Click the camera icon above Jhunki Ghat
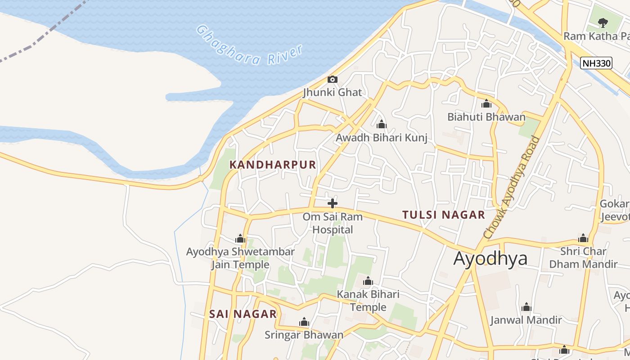tap(332, 80)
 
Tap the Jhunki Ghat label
tap(332, 92)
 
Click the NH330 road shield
tap(596, 63)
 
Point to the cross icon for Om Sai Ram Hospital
tap(332, 203)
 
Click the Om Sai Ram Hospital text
tap(332, 223)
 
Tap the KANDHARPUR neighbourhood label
tap(273, 165)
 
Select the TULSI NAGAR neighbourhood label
tap(444, 215)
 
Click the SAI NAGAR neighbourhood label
tap(243, 314)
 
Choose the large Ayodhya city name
tap(490, 259)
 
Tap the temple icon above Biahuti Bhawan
tap(486, 104)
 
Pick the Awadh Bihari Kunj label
tap(382, 138)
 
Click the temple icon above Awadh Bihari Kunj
tap(382, 124)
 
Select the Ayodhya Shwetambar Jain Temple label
tap(240, 258)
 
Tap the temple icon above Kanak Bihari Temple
tap(368, 282)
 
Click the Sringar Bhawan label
tap(304, 335)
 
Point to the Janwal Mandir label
tap(526, 320)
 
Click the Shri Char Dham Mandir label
tap(583, 257)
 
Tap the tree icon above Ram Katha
tap(603, 22)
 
